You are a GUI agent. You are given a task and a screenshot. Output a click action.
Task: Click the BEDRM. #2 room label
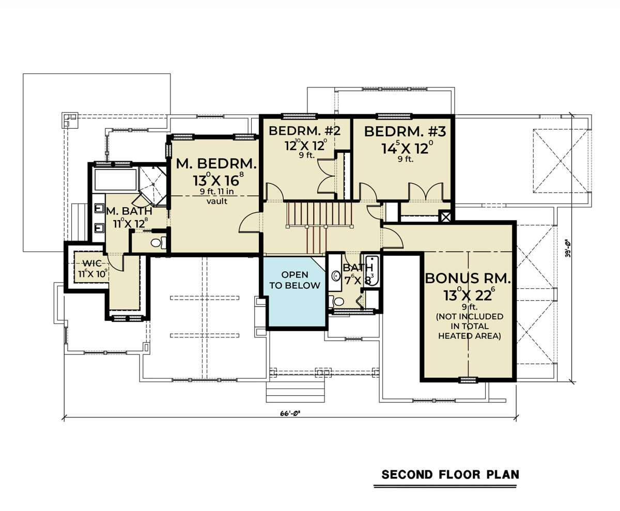(304, 131)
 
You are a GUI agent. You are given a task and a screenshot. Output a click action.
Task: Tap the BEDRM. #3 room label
(405, 132)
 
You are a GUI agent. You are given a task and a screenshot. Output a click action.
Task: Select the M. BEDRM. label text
(216, 164)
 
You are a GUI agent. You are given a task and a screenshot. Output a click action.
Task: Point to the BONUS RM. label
(468, 278)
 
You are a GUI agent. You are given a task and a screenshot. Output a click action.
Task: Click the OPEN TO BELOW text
(295, 280)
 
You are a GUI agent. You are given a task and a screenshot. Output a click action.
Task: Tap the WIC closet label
(92, 264)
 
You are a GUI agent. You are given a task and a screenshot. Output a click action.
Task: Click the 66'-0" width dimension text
(290, 413)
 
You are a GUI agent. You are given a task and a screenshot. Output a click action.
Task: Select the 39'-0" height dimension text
(568, 249)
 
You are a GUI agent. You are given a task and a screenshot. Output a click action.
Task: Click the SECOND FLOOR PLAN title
(450, 474)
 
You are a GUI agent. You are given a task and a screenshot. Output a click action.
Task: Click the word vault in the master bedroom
(217, 202)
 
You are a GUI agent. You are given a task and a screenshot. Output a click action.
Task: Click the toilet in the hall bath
(336, 302)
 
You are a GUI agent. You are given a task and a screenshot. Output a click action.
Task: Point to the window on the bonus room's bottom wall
(468, 379)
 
